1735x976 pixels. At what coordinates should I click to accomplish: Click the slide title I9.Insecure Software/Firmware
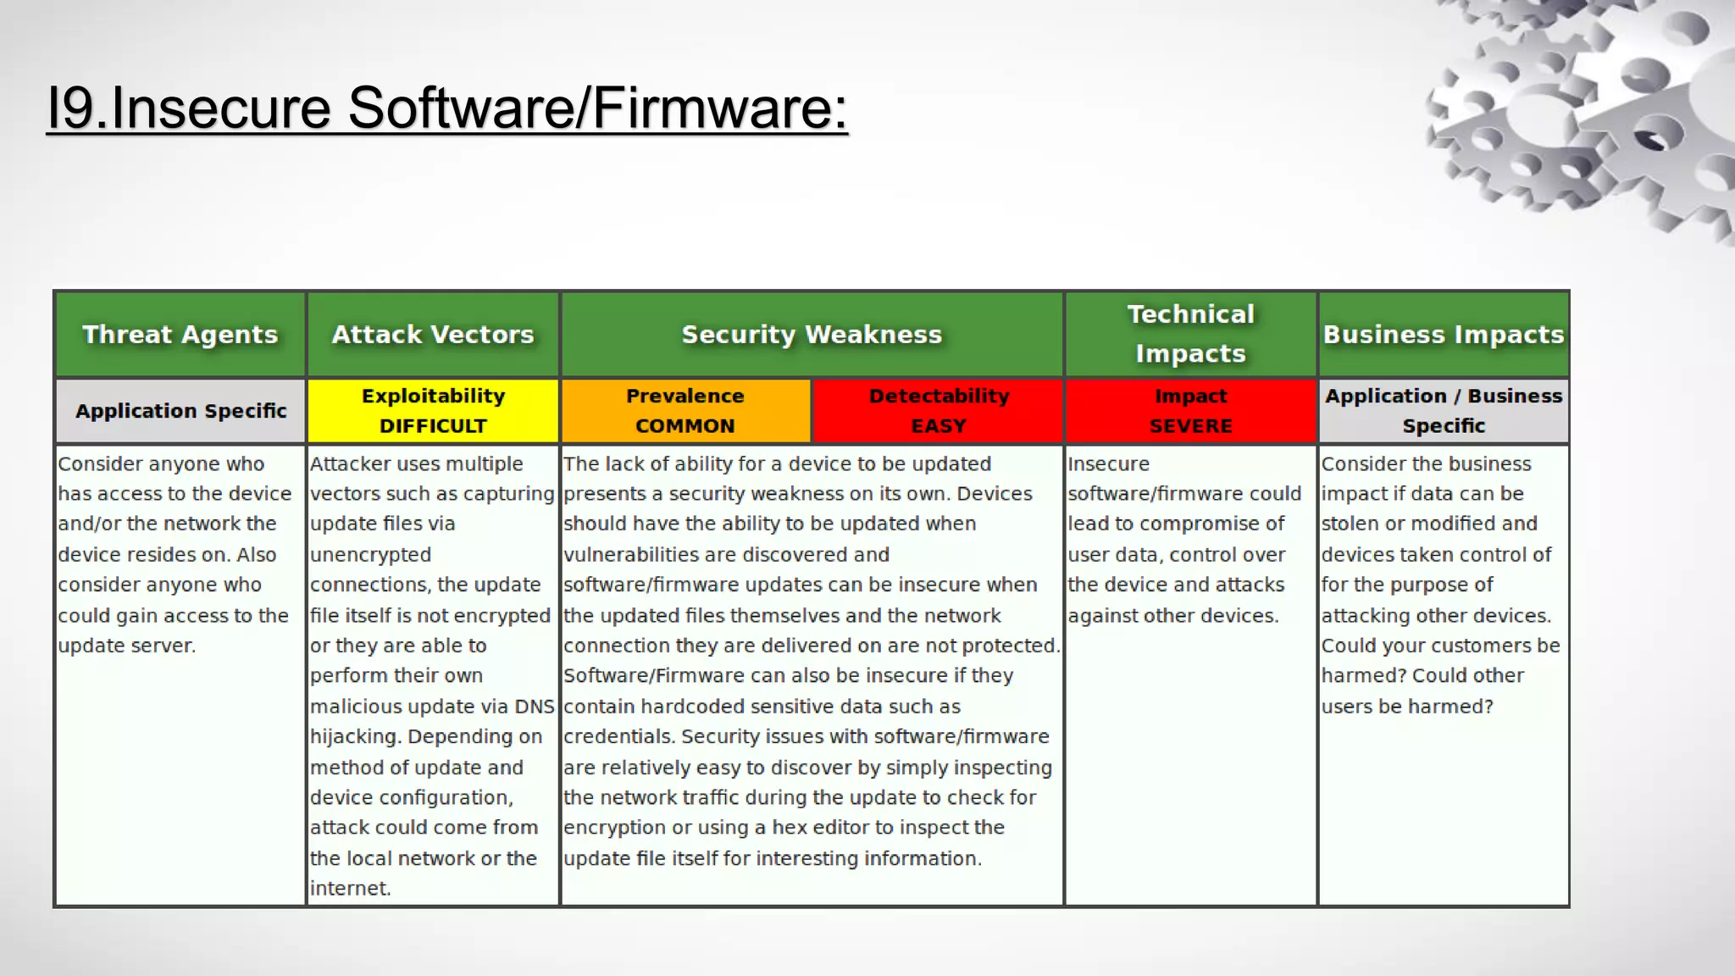pos(446,108)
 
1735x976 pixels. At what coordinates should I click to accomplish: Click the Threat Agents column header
pos(180,335)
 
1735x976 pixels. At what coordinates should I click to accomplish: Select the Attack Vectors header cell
pos(433,335)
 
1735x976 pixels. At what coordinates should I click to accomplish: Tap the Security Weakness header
pos(812,335)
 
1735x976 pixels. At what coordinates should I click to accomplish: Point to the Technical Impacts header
pos(1190,334)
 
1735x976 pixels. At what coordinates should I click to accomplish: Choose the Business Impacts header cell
pos(1444,335)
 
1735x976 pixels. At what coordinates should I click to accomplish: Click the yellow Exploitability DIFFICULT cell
pos(433,411)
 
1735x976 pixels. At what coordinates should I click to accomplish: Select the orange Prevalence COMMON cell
pos(685,411)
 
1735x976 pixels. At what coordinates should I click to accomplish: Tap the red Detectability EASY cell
pos(938,411)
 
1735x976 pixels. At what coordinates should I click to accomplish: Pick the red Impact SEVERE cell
pos(1190,411)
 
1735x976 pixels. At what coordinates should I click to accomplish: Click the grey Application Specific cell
pos(180,411)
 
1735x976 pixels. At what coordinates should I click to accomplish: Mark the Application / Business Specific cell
pos(1444,411)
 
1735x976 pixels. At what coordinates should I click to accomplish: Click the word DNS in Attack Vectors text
pos(534,707)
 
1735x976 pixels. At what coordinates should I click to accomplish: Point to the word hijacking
pos(355,737)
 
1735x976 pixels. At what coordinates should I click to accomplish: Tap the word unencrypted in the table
pos(370,555)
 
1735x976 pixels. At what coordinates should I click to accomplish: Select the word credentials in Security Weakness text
pos(617,737)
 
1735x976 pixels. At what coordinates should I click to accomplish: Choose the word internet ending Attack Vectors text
pos(348,889)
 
